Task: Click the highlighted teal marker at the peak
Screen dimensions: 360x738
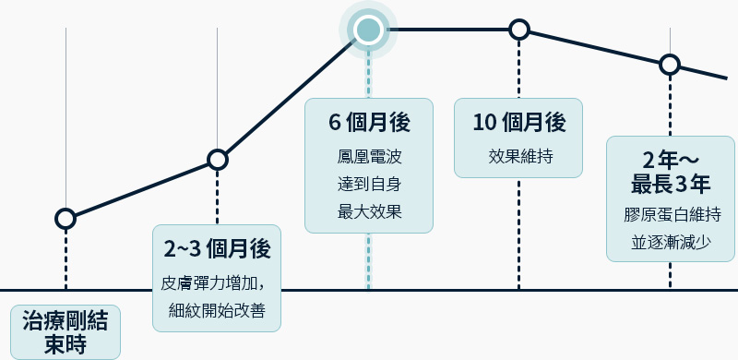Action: [x=368, y=30]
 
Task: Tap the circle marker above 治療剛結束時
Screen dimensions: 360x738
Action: [x=65, y=219]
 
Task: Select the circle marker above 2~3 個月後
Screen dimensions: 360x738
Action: [x=217, y=160]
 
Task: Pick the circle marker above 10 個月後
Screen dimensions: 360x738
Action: [x=519, y=30]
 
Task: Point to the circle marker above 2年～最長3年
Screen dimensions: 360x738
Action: [x=670, y=65]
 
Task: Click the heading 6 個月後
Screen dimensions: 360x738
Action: [x=368, y=123]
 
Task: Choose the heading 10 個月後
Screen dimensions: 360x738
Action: [x=518, y=123]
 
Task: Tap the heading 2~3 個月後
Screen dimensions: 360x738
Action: [x=216, y=248]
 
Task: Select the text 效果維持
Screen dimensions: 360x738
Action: [x=518, y=156]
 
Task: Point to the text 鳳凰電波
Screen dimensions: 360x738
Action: [x=368, y=156]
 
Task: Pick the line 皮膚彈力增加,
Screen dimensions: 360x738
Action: [x=214, y=282]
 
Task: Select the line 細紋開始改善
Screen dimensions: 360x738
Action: [x=217, y=310]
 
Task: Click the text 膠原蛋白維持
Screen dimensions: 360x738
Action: [x=670, y=215]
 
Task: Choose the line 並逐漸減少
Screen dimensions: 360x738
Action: [x=670, y=243]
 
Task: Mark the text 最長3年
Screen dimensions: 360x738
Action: [x=670, y=183]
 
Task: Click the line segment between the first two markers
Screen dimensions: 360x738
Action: [x=141, y=189]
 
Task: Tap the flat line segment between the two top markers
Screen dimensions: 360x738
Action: [x=444, y=30]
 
